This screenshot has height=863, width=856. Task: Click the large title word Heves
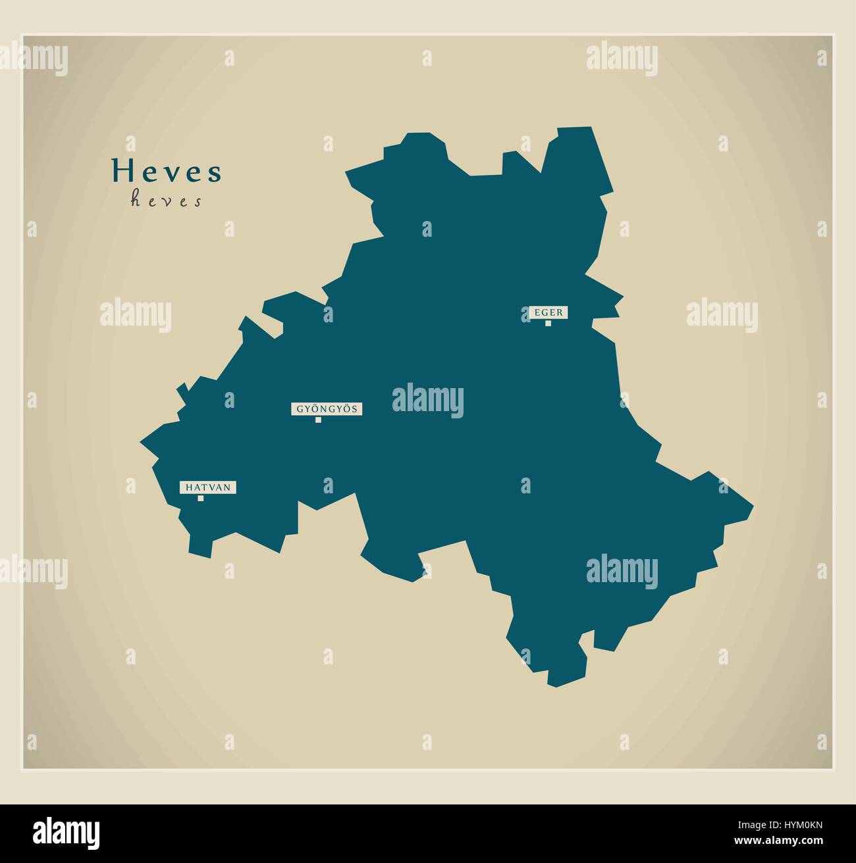[167, 171]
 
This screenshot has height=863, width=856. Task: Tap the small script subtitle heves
[166, 200]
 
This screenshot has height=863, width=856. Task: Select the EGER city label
[548, 312]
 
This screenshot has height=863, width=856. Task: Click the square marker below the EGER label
[548, 323]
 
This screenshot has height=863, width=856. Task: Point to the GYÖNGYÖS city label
[327, 409]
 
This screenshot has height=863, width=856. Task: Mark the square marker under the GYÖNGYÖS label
[318, 420]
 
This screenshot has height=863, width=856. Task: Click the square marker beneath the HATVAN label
[201, 498]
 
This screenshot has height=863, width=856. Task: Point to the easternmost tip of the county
[753, 507]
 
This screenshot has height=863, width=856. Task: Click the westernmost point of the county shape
[140, 438]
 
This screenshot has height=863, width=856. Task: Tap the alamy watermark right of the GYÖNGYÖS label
[428, 401]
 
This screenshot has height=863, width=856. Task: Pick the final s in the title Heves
[215, 173]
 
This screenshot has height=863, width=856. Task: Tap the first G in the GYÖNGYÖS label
[300, 409]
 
